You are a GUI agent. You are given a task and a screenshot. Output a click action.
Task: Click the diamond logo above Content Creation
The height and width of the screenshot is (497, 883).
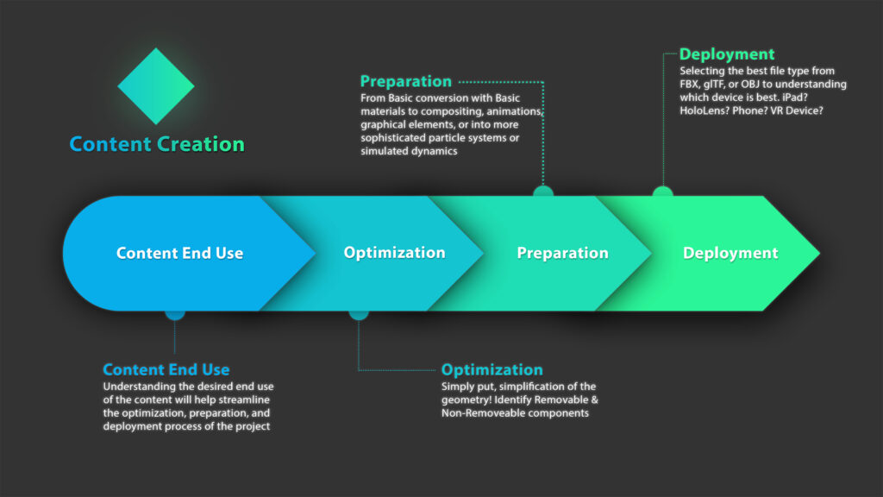(x=156, y=86)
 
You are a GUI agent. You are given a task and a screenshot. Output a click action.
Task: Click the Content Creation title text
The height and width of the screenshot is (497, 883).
(x=157, y=144)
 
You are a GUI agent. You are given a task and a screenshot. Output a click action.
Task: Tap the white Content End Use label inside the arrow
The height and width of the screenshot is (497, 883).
(x=179, y=253)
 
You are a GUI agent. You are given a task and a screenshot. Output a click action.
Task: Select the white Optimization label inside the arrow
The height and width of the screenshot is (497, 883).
(x=394, y=253)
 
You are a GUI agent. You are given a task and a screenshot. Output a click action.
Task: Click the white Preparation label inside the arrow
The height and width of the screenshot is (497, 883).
(x=562, y=253)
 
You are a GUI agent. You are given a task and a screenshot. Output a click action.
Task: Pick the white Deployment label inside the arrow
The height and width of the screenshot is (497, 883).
(x=730, y=253)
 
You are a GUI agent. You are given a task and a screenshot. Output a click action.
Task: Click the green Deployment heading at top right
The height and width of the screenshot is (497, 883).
(x=726, y=54)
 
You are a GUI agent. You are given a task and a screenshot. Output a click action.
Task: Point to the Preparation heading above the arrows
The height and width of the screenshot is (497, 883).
(x=405, y=81)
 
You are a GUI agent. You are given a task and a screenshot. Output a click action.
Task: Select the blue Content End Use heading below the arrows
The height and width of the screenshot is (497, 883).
(x=166, y=370)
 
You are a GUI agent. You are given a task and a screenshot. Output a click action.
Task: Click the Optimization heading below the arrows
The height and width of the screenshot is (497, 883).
(x=492, y=370)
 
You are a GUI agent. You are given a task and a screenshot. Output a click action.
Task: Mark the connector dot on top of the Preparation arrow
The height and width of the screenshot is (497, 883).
(x=542, y=192)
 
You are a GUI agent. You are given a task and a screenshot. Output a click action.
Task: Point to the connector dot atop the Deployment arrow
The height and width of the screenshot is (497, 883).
(x=662, y=192)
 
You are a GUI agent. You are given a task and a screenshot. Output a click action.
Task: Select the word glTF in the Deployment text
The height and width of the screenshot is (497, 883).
(x=720, y=85)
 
